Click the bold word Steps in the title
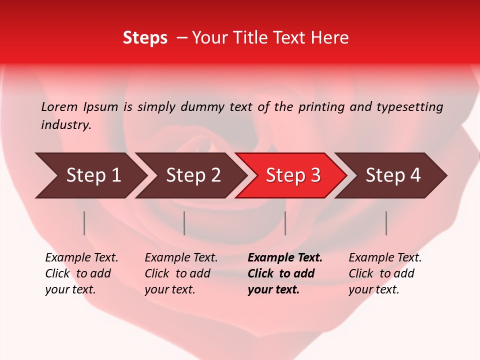145,38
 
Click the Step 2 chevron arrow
192,175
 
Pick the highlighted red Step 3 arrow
292,175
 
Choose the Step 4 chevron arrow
392,175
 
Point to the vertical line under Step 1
84,223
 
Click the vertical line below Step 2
184,223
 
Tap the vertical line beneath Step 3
285,223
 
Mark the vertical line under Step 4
386,223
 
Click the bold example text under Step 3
285,273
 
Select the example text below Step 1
81,273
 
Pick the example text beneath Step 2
181,273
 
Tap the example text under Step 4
385,273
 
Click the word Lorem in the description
59,107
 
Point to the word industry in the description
65,125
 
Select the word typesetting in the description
409,107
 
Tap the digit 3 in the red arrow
315,175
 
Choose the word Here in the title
331,38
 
